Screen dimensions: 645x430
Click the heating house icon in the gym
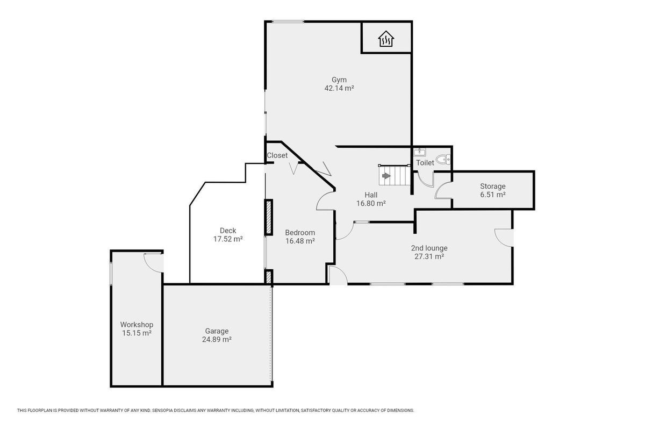coord(386,39)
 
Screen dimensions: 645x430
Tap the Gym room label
coord(339,80)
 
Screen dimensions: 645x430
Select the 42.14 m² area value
coord(339,88)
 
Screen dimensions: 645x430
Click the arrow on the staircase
coord(386,176)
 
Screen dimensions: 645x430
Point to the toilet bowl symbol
coord(443,159)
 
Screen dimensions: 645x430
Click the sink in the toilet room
coord(420,152)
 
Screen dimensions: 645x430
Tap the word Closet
coord(277,155)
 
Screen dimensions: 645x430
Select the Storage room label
coord(493,187)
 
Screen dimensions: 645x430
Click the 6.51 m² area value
coord(493,195)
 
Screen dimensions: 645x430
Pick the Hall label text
coord(371,195)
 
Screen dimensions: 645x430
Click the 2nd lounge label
coord(429,248)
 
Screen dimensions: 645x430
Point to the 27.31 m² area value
coord(429,256)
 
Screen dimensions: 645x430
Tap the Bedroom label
coord(300,233)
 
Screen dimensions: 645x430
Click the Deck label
coord(228,231)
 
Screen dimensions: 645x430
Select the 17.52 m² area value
coord(228,239)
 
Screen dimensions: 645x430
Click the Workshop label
coord(137,325)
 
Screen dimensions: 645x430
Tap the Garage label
coord(217,331)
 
